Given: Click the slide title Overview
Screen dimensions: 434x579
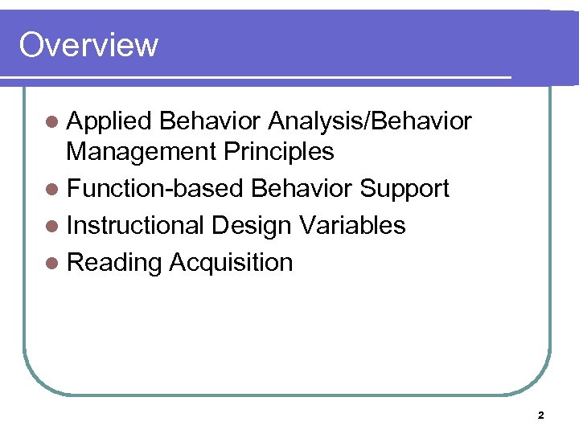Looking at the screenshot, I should (88, 45).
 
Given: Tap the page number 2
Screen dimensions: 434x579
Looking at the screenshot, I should (540, 416).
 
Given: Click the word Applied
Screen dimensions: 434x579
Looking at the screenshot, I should (109, 121).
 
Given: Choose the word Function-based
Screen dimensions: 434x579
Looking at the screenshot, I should (154, 188).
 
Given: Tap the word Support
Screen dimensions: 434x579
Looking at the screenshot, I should (404, 188).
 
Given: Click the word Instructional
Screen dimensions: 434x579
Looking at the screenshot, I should (135, 225).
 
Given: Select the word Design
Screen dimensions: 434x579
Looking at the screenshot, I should (252, 225).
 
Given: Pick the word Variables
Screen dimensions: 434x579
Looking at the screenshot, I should (353, 225).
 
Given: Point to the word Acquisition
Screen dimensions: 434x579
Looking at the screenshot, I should (231, 262).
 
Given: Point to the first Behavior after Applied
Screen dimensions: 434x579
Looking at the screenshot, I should (210, 121).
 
